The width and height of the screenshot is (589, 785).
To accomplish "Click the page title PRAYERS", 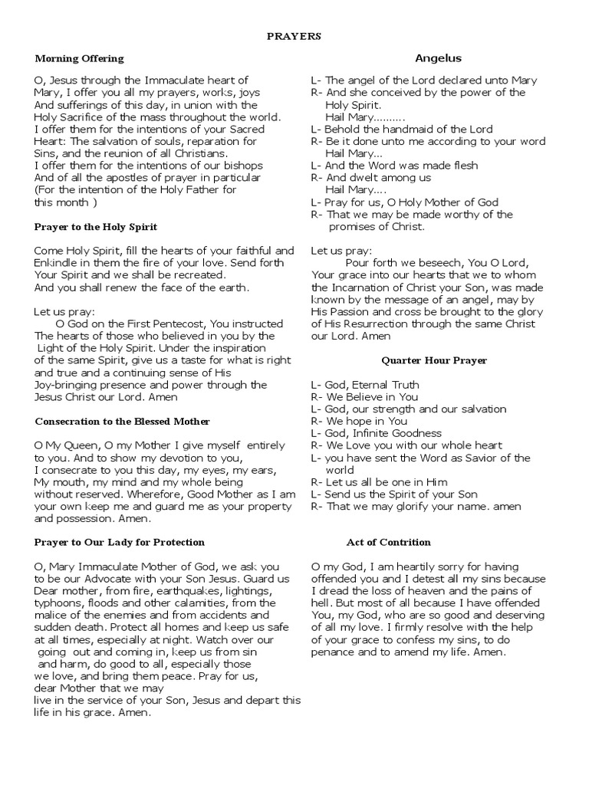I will point(294,35).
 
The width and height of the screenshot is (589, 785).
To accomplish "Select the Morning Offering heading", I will point(79,58).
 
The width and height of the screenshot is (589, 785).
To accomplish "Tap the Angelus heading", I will point(438,57).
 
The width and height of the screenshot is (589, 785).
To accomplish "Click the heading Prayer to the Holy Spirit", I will point(96,227).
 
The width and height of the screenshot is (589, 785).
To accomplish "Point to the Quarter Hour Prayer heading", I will point(434,360).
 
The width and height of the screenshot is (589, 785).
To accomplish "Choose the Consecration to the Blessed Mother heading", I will point(123,422).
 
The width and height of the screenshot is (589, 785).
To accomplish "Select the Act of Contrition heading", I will point(389,542).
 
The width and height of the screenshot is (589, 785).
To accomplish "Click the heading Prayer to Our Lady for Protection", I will point(120,542).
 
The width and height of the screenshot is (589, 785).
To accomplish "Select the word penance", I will point(334,652).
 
